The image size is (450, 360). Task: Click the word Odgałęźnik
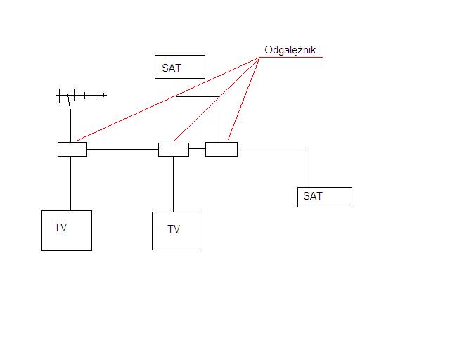[x=290, y=50]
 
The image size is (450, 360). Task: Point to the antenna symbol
[x=82, y=96]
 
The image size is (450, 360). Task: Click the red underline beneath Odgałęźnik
[x=291, y=58]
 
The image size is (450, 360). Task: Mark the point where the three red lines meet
[x=259, y=58]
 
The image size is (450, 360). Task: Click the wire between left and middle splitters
[x=123, y=149]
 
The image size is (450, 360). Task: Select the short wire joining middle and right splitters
[x=197, y=148]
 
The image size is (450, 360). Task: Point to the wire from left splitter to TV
[x=70, y=184]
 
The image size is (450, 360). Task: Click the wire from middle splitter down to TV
[x=173, y=184]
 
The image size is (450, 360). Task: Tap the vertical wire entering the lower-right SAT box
[x=309, y=169]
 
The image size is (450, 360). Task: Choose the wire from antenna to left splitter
[x=70, y=126]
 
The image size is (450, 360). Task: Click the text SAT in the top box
[x=172, y=68]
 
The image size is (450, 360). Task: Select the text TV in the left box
[x=60, y=228]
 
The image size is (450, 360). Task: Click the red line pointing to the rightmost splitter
[x=244, y=98]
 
